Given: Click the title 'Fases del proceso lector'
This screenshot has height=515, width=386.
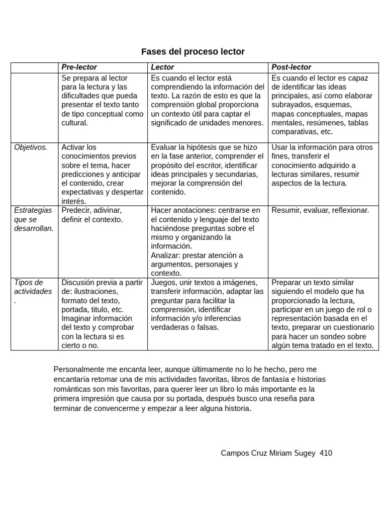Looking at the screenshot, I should tap(192, 52).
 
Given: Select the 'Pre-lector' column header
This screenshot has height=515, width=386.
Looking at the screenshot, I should tap(79, 67).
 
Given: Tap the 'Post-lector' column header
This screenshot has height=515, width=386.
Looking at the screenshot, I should tap(291, 67).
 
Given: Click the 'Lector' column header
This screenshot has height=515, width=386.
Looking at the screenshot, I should tap(162, 67).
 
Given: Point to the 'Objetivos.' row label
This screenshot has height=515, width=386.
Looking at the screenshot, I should tap(31, 147).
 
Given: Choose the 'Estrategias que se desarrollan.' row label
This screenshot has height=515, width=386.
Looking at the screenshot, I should tap(33, 219).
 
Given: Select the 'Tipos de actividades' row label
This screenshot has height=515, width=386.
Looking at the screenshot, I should tap(33, 287).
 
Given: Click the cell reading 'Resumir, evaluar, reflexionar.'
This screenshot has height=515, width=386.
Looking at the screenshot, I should tap(320, 210).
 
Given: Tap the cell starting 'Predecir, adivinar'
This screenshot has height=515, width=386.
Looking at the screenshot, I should tap(92, 215).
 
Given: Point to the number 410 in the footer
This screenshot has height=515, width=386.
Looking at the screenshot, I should tap(326, 453).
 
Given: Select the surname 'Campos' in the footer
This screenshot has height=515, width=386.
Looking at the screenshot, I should tap(234, 453).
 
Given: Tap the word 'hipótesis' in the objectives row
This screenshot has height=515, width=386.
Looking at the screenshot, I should tap(203, 147).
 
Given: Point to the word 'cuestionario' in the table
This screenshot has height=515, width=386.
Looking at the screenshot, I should tap(353, 327).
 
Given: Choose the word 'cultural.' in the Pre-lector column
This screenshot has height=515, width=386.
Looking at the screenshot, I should tap(75, 123).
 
